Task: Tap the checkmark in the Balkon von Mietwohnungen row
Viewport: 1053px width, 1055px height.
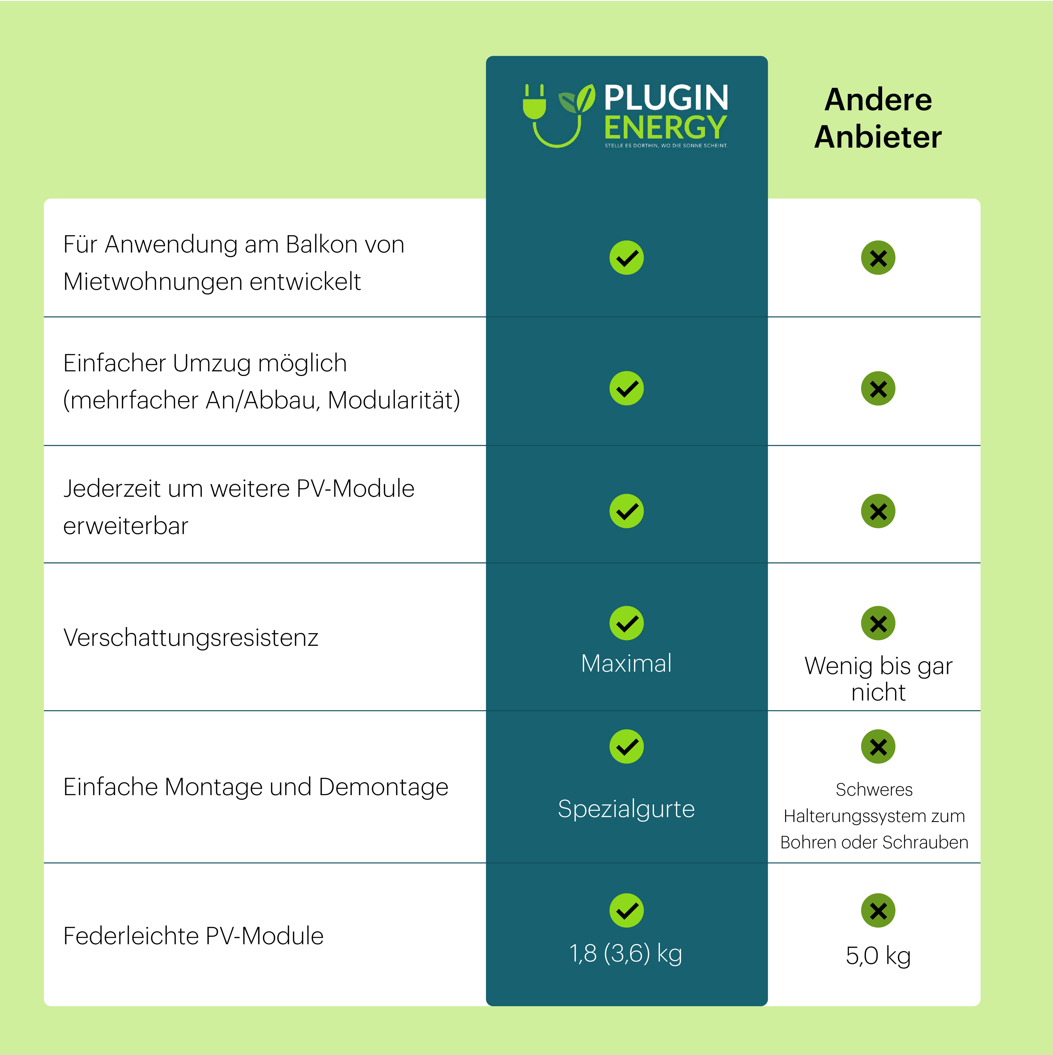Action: point(626,258)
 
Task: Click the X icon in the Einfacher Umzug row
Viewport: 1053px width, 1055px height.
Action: point(878,389)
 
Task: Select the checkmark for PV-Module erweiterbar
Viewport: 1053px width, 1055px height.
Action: point(626,511)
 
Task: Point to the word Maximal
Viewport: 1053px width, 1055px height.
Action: point(626,663)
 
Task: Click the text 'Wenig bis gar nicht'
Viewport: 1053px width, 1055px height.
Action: point(878,679)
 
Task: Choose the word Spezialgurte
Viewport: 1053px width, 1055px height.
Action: point(626,809)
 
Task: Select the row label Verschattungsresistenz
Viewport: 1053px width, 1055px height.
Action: point(191,638)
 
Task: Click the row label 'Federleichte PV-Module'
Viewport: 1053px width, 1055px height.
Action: point(194,936)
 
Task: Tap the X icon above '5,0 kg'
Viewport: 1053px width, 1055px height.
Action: point(878,910)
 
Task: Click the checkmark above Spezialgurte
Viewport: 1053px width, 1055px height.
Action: point(626,747)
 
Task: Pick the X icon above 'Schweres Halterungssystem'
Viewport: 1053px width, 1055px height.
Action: point(878,747)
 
